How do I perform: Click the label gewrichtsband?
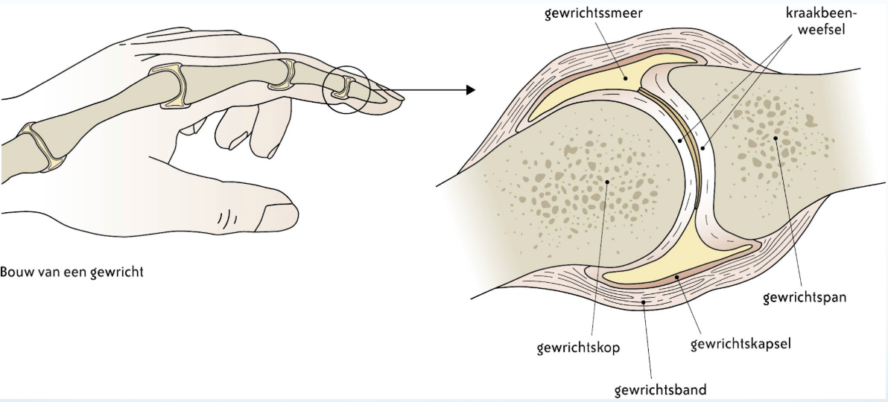pyautogui.click(x=661, y=389)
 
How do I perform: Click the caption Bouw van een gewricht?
pyautogui.click(x=72, y=272)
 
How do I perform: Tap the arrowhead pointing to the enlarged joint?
pyautogui.click(x=469, y=90)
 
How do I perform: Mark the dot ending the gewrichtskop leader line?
pyautogui.click(x=608, y=181)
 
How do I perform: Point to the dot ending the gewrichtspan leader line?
pyautogui.click(x=776, y=138)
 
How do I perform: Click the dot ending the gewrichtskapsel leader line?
pyautogui.click(x=677, y=277)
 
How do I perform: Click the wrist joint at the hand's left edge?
pyautogui.click(x=41, y=147)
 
